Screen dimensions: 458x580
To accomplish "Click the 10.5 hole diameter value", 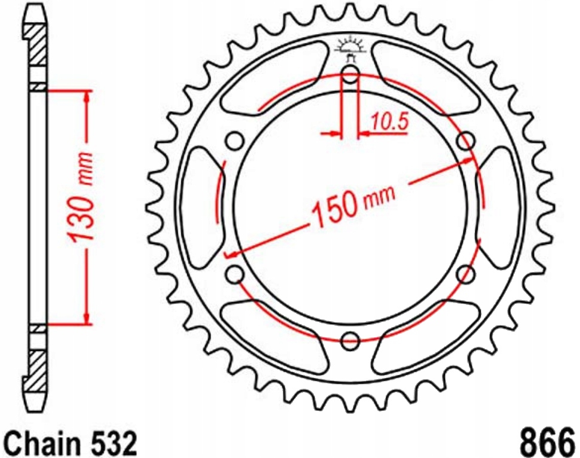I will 389,122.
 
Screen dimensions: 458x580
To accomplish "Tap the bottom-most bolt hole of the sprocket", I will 350,341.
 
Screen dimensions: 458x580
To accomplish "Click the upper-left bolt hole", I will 235,142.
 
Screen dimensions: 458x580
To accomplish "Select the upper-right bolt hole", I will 466,142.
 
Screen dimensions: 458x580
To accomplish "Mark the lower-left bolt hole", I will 236,274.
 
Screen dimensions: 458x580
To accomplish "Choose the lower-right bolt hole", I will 466,274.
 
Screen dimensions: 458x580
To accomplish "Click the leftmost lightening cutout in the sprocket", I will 202,207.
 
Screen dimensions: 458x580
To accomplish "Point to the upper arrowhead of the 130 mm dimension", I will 88,99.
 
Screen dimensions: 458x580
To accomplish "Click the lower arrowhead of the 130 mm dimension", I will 88,317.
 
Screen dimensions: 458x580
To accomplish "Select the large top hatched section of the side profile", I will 36,45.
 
